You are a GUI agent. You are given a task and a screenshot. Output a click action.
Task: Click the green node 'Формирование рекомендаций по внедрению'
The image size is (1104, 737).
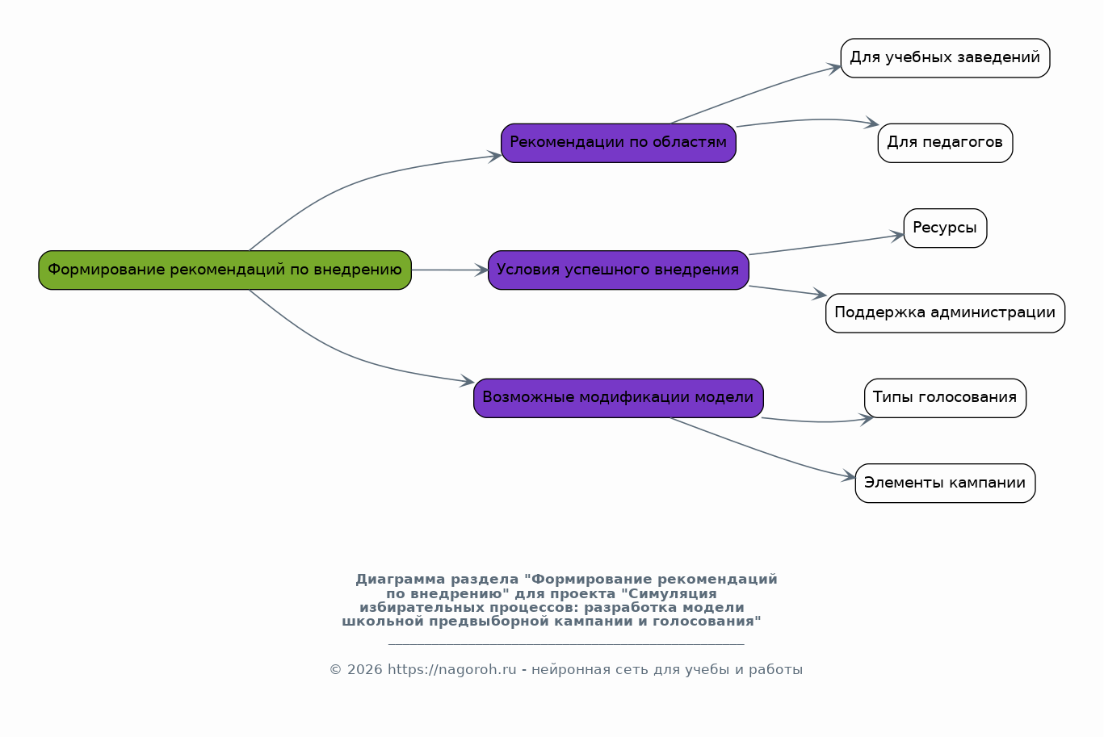[x=225, y=270]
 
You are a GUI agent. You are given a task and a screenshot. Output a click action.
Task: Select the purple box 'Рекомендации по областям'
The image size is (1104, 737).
[x=619, y=143]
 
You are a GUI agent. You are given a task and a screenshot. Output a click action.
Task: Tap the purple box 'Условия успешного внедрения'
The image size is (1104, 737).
[x=619, y=270]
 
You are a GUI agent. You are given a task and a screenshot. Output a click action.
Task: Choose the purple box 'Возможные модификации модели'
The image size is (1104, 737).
[x=619, y=398]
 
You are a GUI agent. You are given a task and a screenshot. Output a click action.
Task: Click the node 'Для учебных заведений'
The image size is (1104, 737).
[x=945, y=58]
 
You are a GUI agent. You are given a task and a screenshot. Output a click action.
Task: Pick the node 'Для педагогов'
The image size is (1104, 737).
[x=945, y=143]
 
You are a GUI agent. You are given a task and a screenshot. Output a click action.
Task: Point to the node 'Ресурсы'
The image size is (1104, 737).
[x=945, y=228]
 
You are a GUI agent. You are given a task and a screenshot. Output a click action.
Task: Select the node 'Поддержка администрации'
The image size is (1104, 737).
[x=945, y=313]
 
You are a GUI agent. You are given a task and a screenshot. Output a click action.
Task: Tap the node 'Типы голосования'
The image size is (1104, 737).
[x=945, y=398]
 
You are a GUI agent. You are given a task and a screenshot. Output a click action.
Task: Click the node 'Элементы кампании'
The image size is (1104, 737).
[x=945, y=484]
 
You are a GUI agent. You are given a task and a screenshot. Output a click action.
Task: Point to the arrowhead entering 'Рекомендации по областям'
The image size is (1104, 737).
[x=495, y=157]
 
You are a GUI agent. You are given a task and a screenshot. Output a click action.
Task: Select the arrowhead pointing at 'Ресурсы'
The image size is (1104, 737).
[x=897, y=236]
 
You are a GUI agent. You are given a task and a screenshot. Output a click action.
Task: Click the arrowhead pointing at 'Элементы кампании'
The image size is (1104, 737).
[x=849, y=476]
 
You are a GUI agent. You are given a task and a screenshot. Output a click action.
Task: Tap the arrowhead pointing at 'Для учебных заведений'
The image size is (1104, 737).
[x=834, y=68]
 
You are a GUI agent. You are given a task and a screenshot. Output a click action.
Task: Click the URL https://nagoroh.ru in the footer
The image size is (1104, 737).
[x=452, y=670]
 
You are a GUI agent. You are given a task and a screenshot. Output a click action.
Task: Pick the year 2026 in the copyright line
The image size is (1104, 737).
[x=365, y=670]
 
